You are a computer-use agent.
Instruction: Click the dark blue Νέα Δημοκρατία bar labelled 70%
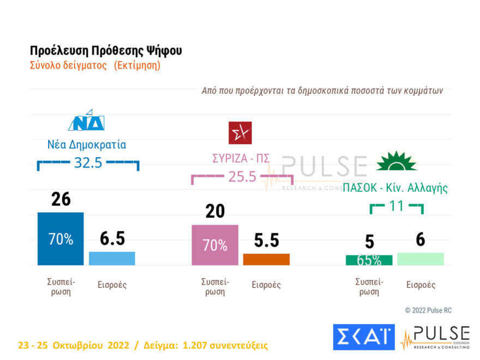(60, 238)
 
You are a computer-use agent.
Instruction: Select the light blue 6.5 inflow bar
(112, 258)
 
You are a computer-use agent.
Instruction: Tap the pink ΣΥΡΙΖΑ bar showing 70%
(215, 245)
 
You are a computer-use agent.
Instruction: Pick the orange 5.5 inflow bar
(266, 259)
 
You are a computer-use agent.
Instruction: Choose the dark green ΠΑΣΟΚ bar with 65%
(369, 260)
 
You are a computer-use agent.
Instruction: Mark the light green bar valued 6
(420, 259)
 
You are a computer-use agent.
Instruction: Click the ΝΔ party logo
(86, 123)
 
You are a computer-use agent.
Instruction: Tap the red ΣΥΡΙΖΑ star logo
(240, 133)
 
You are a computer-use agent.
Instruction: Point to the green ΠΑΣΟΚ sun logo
(397, 161)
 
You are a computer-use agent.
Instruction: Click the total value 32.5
(88, 163)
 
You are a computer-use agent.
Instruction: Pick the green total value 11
(397, 206)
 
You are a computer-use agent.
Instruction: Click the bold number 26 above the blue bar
(61, 200)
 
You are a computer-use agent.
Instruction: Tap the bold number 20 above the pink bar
(215, 212)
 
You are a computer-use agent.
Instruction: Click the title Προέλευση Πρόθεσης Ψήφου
(106, 51)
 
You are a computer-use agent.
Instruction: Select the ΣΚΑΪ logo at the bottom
(363, 337)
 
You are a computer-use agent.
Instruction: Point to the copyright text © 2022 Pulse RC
(428, 310)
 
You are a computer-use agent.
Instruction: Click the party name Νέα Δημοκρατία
(87, 145)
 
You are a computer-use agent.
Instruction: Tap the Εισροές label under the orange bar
(266, 285)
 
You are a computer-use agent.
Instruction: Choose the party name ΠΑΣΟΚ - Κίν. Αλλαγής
(395, 188)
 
